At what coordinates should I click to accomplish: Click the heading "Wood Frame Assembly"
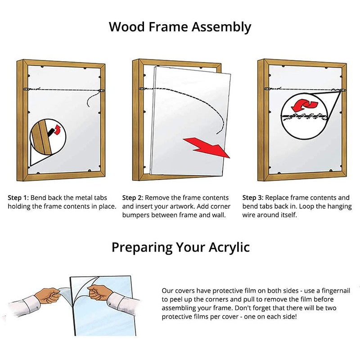click(x=180, y=27)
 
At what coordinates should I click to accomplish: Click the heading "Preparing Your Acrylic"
click(x=180, y=247)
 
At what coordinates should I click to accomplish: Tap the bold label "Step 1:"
click(x=18, y=198)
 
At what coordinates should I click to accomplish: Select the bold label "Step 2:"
click(x=133, y=198)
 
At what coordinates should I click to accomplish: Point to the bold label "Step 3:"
click(x=253, y=198)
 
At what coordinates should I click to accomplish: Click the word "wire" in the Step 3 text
click(x=251, y=216)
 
